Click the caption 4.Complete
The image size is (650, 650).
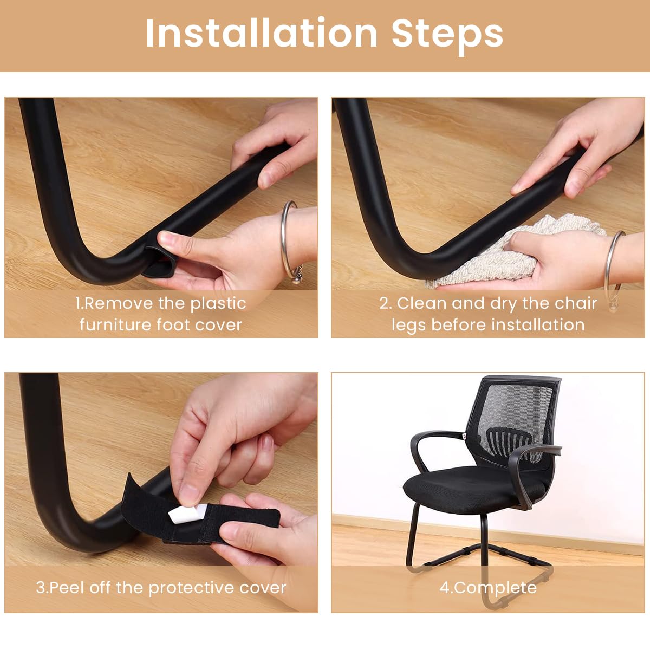[487, 588]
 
